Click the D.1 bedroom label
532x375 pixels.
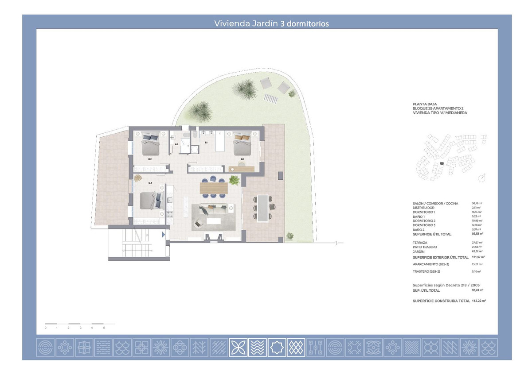click(243, 159)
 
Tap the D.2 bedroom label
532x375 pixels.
click(150, 159)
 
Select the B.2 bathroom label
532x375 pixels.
click(176, 144)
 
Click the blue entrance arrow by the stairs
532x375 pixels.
click(164, 235)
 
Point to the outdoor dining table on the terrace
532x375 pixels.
click(263, 208)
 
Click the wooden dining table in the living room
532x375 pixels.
click(214, 188)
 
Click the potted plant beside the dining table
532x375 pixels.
click(234, 180)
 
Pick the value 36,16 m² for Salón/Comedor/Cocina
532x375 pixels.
click(477, 203)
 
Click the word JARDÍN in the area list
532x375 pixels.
click(419, 251)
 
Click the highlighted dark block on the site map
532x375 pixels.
click(441, 164)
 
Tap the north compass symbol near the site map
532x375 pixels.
click(481, 178)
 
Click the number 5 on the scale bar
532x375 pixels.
click(104, 328)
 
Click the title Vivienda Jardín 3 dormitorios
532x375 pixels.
click(271, 23)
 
